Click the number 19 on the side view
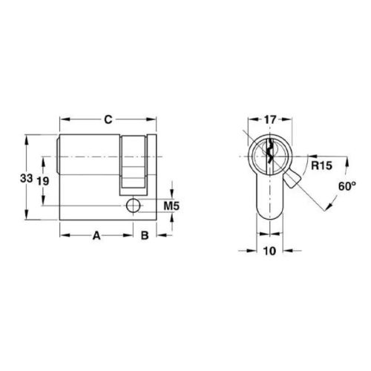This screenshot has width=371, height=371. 44,181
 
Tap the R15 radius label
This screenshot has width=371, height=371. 321,167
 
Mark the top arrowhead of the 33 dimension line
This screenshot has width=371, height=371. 26,138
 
